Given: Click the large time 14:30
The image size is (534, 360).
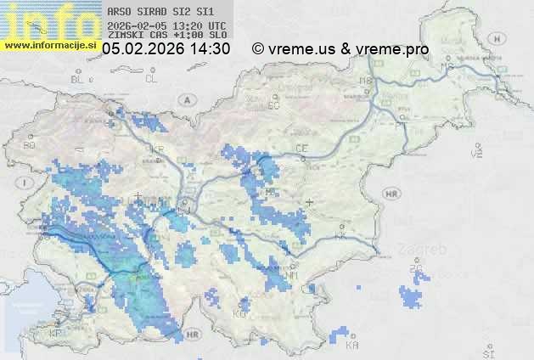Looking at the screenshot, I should point(210,49).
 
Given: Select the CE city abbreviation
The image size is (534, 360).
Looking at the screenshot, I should point(301,149).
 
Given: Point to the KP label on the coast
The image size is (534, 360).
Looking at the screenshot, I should point(56,334).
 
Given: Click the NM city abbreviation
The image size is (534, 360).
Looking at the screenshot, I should point(292,276).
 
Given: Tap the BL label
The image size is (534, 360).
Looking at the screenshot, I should point(78,79).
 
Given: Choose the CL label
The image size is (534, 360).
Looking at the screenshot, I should point(152,79).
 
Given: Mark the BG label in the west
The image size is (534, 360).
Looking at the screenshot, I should point(30,145).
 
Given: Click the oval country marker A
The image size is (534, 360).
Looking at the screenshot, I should point(184,99).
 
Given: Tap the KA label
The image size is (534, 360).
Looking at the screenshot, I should point(352,345).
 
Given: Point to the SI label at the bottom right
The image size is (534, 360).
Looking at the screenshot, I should point(488,351).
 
